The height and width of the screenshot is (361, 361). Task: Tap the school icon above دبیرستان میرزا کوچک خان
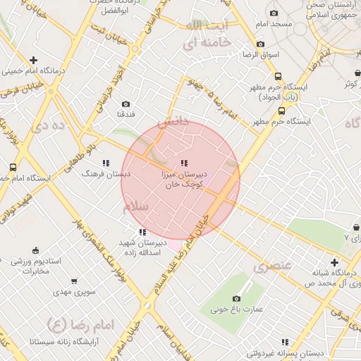point(184,164)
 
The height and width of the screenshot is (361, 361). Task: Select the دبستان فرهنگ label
point(98,173)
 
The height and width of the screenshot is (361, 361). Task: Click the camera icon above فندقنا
point(126,104)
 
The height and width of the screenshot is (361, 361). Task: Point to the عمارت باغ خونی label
point(240,309)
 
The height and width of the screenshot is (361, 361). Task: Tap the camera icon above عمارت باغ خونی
point(236,298)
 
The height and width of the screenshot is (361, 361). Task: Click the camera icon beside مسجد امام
point(273,13)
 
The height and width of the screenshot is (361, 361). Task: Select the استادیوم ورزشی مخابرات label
point(35,266)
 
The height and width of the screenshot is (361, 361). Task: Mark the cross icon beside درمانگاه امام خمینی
point(33,61)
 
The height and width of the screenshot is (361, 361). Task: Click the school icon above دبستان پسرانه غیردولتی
point(284,341)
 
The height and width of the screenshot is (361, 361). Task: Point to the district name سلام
point(135,208)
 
